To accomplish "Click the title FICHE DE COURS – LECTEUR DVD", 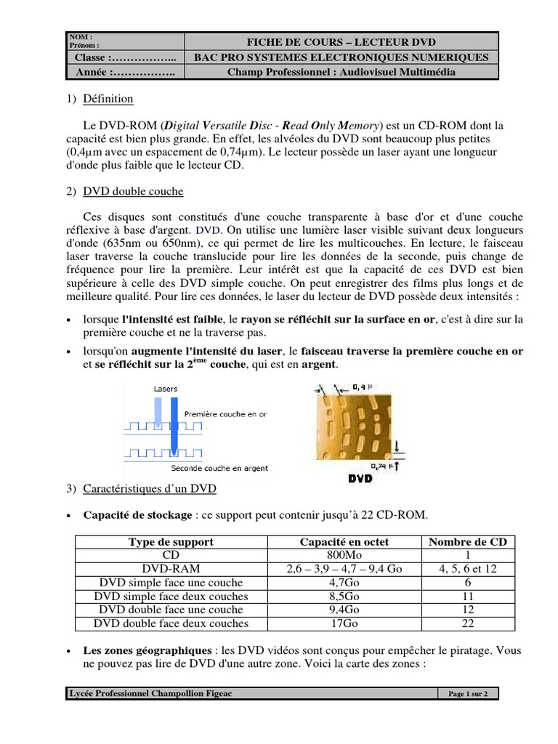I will [342, 41].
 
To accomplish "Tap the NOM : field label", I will [81, 36].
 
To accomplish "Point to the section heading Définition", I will [108, 99].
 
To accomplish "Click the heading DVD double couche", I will [133, 192].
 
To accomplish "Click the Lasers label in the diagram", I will [166, 389].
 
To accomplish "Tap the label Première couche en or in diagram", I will [225, 413].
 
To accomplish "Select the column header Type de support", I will [171, 542].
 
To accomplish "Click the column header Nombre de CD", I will [468, 542].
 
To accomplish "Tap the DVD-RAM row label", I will [171, 569].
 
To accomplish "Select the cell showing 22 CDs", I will [468, 623].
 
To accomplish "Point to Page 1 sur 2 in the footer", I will [468, 694].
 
